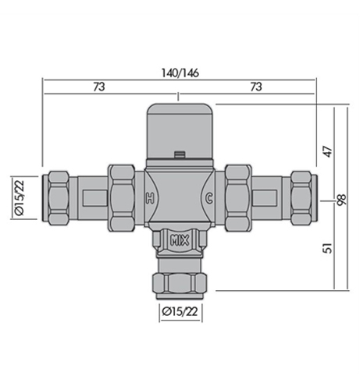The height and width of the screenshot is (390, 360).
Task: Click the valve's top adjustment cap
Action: tap(179, 127)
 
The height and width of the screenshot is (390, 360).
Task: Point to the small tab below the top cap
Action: tap(180, 154)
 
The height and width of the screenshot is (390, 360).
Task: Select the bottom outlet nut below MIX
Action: tap(179, 277)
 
